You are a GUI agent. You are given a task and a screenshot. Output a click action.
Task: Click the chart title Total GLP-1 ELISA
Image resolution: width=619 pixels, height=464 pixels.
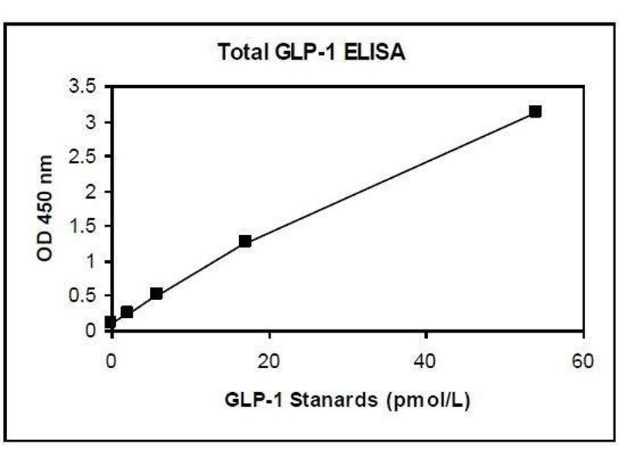pyautogui.click(x=312, y=53)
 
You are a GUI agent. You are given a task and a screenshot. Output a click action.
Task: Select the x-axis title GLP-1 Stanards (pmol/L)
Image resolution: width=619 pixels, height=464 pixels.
pyautogui.click(x=348, y=400)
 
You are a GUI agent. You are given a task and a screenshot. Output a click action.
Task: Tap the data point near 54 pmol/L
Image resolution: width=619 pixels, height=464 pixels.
pyautogui.click(x=535, y=111)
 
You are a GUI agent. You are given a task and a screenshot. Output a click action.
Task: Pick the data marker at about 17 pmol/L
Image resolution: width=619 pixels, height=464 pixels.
pyautogui.click(x=245, y=241)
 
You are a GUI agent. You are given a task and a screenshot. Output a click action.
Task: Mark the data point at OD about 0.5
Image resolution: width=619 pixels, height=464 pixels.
pyautogui.click(x=156, y=294)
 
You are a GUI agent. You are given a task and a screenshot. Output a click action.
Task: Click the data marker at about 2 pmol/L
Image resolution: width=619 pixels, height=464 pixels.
pyautogui.click(x=127, y=312)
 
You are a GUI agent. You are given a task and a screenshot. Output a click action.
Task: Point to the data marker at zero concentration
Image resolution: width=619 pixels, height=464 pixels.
pyautogui.click(x=111, y=322)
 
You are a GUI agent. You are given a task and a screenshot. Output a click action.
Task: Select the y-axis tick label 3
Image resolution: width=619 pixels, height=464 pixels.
pyautogui.click(x=91, y=122)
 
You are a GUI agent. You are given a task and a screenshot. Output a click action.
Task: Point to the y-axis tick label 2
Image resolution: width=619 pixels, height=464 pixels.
pyautogui.click(x=91, y=192)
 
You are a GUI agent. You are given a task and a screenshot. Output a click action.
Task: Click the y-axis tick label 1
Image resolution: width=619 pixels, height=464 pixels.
pyautogui.click(x=91, y=261)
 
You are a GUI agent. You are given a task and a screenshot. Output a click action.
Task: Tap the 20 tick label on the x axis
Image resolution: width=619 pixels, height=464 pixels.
pyautogui.click(x=268, y=361)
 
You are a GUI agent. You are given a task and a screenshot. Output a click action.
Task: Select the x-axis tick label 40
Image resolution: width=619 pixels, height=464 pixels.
pyautogui.click(x=426, y=361)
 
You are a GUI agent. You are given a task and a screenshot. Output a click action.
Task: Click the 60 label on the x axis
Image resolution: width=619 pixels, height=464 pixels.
pyautogui.click(x=583, y=361)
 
